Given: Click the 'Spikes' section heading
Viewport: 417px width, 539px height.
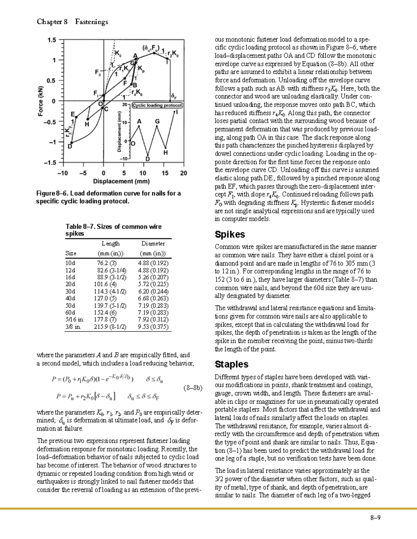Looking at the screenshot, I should click(x=230, y=235).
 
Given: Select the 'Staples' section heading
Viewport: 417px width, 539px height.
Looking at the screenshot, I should click(x=231, y=364).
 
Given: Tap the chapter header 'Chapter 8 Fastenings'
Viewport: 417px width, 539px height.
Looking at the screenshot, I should click(x=72, y=22).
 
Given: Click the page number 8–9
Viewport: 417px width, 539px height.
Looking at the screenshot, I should click(x=375, y=518).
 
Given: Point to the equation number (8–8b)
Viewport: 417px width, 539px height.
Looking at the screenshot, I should click(x=193, y=388).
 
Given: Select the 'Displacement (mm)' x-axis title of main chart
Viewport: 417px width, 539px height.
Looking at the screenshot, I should click(x=121, y=181).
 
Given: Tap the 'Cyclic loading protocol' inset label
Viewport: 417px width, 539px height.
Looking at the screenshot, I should click(x=157, y=105).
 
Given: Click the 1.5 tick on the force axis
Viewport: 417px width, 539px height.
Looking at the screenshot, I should click(x=51, y=40).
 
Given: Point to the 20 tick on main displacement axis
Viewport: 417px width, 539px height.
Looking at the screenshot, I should click(x=183, y=173).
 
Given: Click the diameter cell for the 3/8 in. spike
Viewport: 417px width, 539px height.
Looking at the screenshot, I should click(x=153, y=327).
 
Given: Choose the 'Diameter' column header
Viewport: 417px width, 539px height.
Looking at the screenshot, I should click(x=153, y=244).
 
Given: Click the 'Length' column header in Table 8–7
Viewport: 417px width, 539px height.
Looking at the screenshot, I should click(x=111, y=244).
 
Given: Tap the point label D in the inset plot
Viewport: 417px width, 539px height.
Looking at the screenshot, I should click(x=148, y=159).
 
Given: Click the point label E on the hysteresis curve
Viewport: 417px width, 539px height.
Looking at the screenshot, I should click(x=73, y=114).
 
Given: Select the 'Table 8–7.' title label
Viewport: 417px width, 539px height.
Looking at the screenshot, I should click(x=80, y=227).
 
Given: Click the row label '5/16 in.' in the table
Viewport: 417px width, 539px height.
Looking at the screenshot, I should click(x=75, y=320).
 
